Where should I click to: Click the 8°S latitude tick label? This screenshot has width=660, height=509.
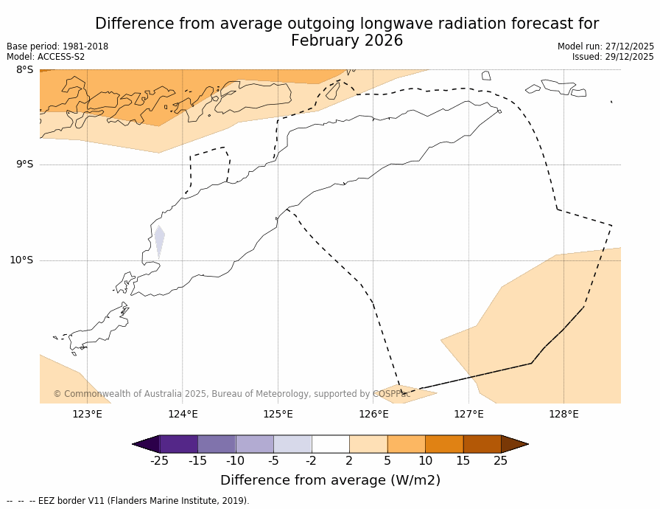24,70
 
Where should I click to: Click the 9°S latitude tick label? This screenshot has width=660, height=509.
24,165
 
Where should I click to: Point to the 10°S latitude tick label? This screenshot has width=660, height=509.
21,260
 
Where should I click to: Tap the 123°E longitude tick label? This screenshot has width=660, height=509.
87,414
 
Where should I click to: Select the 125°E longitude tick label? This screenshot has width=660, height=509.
278,414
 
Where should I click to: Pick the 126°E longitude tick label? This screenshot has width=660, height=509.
373,414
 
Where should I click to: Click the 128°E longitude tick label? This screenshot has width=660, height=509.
564,414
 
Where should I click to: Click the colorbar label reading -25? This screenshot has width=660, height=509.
159,461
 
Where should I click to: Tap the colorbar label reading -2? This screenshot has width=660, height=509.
311,461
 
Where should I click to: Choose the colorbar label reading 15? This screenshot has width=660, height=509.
463,461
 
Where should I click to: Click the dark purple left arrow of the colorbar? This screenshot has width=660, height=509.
147,444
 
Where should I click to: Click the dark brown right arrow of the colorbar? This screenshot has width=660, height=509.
514,444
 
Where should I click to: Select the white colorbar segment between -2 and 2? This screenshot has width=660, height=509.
330,444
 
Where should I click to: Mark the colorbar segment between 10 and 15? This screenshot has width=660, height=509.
444,444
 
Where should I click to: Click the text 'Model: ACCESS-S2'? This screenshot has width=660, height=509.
46,57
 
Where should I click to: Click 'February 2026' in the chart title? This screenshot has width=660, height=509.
347,41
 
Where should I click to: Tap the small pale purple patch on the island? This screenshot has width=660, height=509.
159,240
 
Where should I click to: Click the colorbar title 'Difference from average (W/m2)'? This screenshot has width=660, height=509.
330,481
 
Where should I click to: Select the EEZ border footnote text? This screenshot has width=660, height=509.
128,501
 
